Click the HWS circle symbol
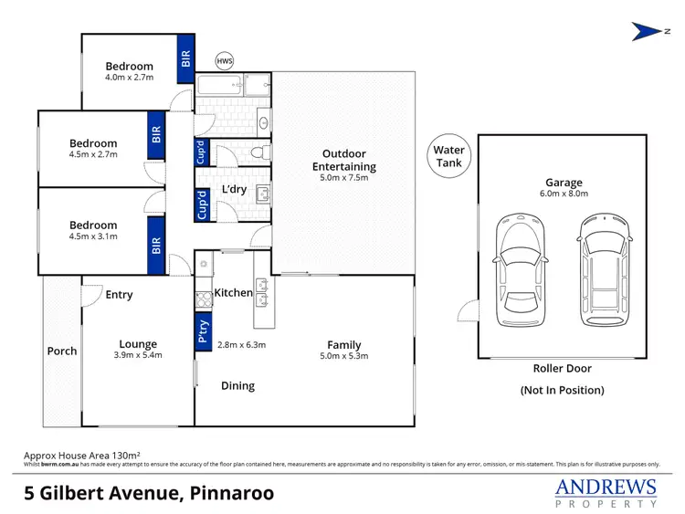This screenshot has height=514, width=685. (x=224, y=61)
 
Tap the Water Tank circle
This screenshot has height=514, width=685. (x=449, y=156)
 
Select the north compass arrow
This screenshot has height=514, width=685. (x=648, y=31)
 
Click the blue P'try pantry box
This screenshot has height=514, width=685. (x=203, y=331)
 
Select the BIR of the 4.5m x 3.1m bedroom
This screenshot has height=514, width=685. (x=156, y=246)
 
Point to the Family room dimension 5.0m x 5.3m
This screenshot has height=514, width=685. (x=344, y=356)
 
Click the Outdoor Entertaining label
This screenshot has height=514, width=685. (x=344, y=160)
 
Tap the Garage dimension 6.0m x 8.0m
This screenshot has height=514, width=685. (x=564, y=194)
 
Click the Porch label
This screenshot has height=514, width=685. (x=62, y=351)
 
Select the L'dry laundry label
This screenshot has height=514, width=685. (x=235, y=190)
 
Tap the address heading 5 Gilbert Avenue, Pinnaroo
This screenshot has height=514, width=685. (x=149, y=493)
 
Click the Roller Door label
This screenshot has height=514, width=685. (x=563, y=369)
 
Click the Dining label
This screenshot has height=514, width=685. (x=237, y=386)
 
